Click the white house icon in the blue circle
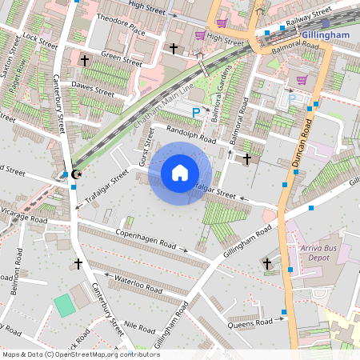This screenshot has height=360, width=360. click(180, 172)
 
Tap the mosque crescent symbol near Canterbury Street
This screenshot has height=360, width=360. click(76, 174)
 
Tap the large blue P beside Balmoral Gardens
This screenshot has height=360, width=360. click(195, 115)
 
